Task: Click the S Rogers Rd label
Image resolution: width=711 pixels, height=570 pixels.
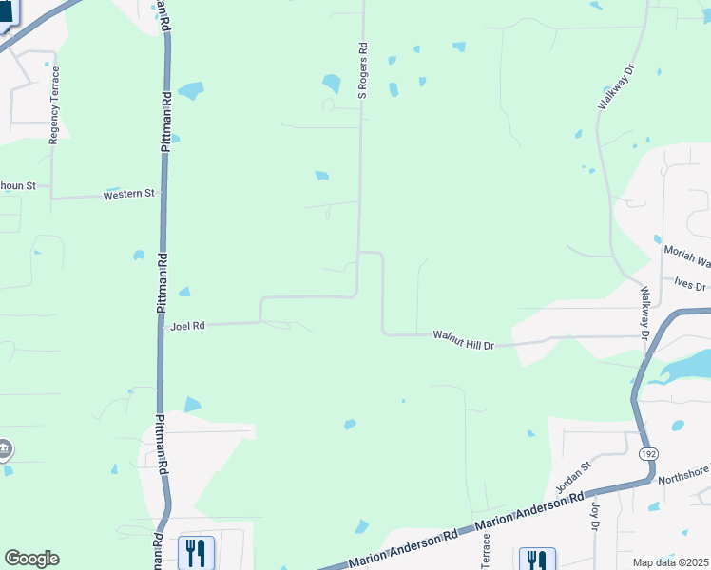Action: tap(362, 69)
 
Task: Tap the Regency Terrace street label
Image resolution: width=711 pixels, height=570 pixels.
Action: tap(54, 104)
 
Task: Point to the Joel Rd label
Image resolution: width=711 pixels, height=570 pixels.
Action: tap(187, 326)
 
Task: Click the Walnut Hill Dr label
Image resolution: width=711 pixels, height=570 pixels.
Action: tap(464, 340)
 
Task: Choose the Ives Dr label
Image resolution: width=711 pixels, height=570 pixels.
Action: tap(689, 285)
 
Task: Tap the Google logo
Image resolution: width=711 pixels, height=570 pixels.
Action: tap(31, 559)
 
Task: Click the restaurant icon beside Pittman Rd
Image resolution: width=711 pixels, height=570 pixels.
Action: tap(196, 553)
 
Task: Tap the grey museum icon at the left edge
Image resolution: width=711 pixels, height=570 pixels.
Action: tap(5, 447)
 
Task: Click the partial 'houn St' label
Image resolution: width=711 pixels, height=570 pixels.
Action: tap(17, 185)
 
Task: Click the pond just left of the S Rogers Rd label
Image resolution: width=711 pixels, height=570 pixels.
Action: tap(331, 84)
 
